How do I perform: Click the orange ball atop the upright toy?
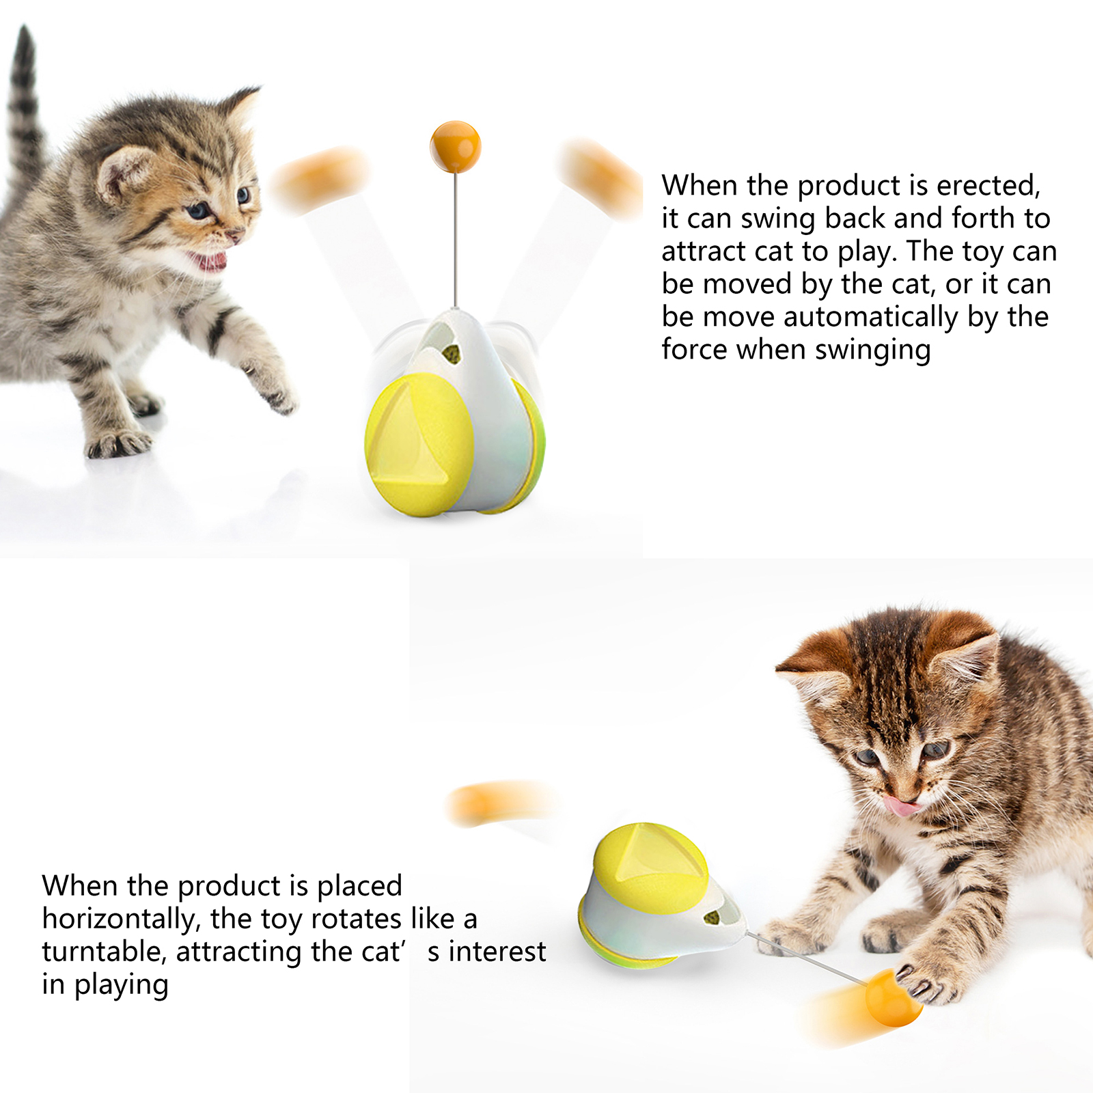(455, 147)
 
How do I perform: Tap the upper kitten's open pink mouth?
(209, 260)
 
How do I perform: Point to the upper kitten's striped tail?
(25, 102)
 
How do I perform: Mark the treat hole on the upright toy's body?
(451, 354)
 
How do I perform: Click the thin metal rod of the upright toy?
(455, 240)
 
